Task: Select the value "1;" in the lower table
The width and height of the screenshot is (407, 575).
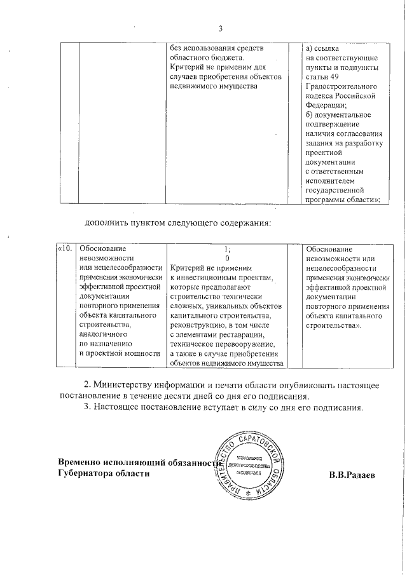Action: tap(227, 249)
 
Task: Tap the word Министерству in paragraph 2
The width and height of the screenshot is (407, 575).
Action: tap(125, 386)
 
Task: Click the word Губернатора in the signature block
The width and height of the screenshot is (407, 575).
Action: tap(83, 473)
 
